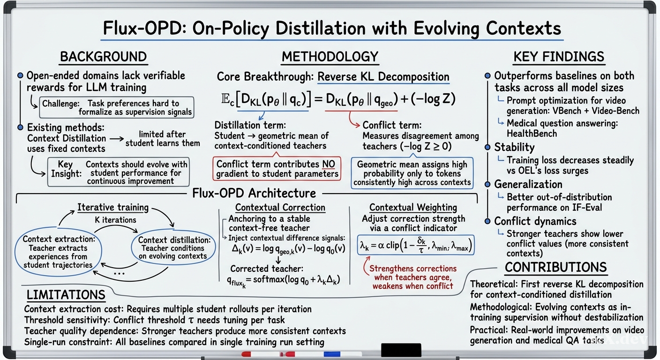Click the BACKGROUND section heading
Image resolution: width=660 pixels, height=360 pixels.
[104, 57]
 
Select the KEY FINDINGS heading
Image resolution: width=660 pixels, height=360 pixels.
[559, 57]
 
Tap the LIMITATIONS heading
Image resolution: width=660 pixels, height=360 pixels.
[66, 295]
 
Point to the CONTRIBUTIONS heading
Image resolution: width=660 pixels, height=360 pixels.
[555, 267]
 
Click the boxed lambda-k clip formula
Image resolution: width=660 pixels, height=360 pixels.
[415, 245]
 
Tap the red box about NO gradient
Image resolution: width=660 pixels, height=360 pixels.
[277, 169]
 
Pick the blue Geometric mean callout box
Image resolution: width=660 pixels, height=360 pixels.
[412, 173]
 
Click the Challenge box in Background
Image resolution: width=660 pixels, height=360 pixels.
[117, 107]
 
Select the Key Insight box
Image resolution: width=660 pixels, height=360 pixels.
[119, 172]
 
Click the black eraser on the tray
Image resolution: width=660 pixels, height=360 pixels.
[401, 350]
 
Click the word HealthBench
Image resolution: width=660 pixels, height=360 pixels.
[532, 134]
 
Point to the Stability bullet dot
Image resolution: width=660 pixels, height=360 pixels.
[487, 147]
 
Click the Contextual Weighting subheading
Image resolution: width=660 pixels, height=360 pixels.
[413, 207]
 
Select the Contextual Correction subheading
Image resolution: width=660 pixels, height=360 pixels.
[280, 207]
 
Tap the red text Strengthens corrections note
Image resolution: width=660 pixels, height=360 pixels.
[413, 277]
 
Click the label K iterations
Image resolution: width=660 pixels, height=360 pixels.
[115, 220]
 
